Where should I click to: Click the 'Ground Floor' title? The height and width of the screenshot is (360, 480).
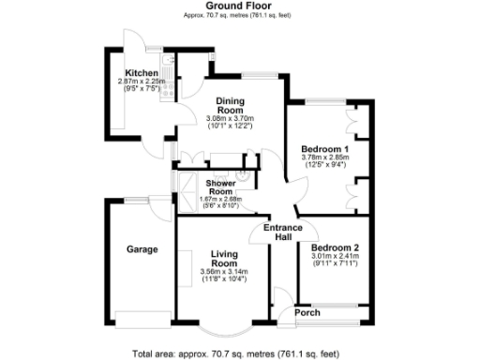tap(239, 7)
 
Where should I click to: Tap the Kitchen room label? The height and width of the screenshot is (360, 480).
tap(142, 73)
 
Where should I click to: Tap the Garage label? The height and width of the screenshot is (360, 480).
tap(142, 249)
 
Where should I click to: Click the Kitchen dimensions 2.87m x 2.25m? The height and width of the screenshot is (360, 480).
tap(142, 82)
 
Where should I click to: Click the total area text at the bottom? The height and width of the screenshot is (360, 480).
tap(239, 352)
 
